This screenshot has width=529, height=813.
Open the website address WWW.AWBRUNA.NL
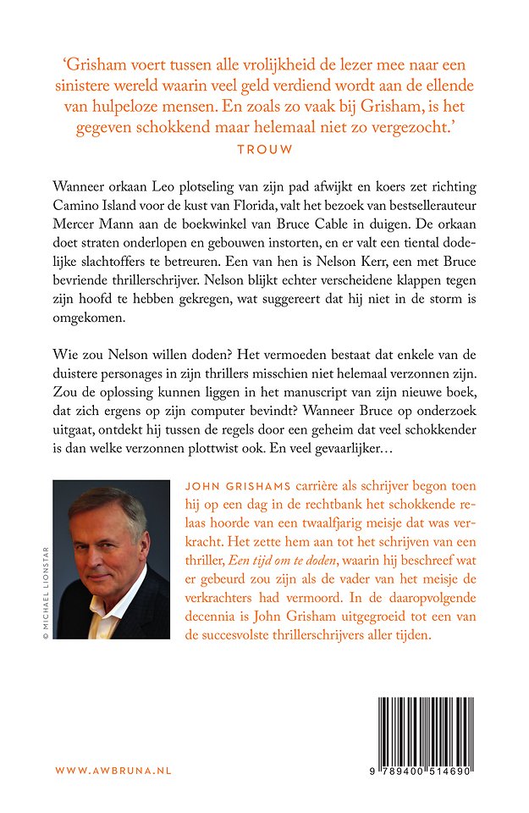[113, 771]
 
